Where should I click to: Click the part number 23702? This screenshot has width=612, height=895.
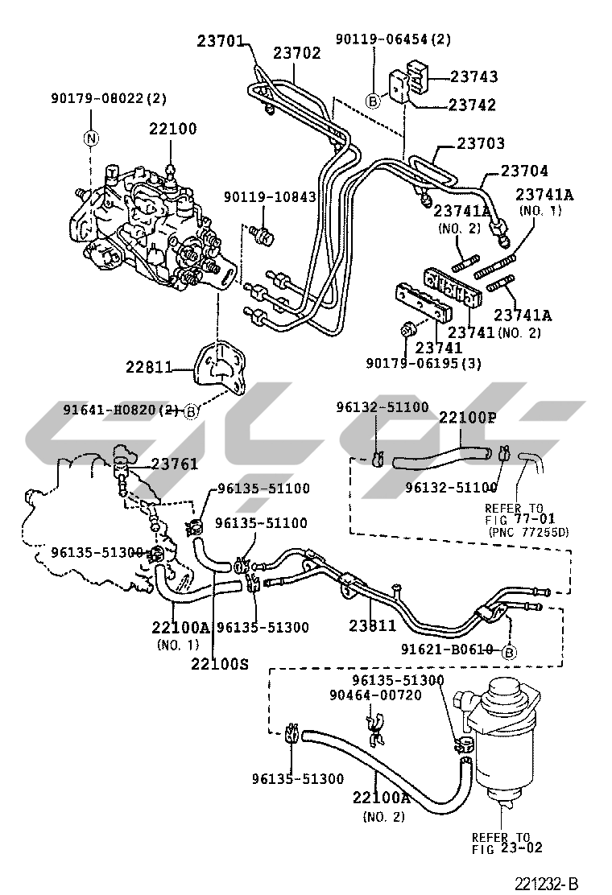(x=296, y=53)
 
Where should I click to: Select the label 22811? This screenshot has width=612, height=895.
(x=149, y=367)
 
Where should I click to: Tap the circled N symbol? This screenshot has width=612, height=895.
(x=92, y=138)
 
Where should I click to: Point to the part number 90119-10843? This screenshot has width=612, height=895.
(x=269, y=196)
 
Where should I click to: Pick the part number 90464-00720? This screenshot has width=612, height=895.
(x=374, y=695)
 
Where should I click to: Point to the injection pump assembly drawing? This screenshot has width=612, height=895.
(x=149, y=229)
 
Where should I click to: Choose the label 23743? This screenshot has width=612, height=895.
(x=473, y=76)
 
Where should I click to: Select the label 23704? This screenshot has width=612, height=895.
(x=524, y=171)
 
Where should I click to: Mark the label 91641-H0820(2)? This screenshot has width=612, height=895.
(x=121, y=410)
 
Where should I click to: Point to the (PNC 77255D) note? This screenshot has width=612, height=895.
(x=528, y=531)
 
